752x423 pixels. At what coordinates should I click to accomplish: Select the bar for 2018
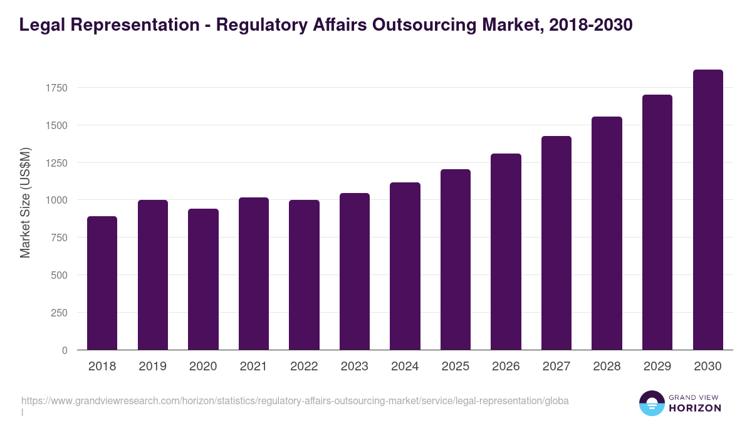102,283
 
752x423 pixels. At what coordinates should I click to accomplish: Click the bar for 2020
203,279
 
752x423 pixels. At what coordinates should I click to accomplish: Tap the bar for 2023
355,271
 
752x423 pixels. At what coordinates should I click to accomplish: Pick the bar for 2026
506,252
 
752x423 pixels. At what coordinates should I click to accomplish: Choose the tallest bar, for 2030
708,210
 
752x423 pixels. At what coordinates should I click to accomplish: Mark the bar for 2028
607,233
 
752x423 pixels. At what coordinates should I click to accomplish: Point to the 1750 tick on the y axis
56,88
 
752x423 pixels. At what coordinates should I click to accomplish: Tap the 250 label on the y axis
60,313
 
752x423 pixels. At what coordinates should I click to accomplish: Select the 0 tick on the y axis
65,350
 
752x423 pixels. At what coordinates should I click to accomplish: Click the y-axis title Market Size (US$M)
25,203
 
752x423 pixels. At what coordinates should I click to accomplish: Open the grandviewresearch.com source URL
295,401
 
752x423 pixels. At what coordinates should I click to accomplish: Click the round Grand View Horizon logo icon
652,404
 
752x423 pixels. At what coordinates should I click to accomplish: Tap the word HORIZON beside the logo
696,408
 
